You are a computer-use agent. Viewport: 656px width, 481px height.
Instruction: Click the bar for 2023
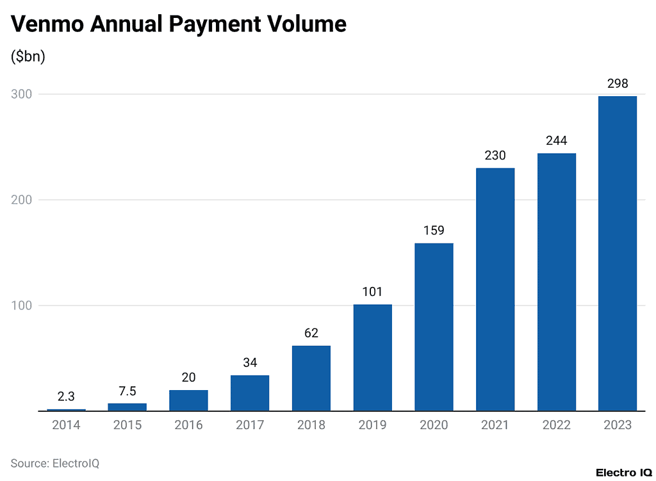click(x=618, y=253)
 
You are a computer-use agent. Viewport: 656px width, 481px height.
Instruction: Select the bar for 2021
click(x=495, y=289)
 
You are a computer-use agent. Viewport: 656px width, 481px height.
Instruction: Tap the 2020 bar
click(x=434, y=327)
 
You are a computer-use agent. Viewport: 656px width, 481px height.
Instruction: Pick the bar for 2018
click(x=311, y=378)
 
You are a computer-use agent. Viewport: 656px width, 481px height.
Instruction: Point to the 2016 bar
click(x=188, y=400)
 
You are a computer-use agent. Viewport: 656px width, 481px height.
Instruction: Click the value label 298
click(x=618, y=83)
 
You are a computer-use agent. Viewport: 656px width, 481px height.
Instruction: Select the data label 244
click(x=556, y=141)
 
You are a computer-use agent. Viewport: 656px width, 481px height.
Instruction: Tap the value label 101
click(x=372, y=292)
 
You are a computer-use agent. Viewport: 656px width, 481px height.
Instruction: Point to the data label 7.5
click(x=127, y=391)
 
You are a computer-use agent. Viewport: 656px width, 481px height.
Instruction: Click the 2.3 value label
click(x=66, y=397)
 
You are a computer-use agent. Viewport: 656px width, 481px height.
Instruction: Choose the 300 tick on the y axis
click(x=22, y=94)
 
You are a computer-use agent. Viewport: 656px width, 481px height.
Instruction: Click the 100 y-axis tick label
click(x=22, y=306)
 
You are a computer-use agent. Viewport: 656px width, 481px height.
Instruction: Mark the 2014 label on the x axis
click(x=66, y=425)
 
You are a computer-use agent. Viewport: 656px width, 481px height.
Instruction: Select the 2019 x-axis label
click(x=372, y=425)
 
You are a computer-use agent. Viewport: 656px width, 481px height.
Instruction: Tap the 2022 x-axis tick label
click(x=556, y=425)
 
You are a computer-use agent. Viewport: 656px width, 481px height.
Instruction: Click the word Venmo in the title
click(x=46, y=24)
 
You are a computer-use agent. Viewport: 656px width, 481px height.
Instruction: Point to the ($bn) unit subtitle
click(x=28, y=56)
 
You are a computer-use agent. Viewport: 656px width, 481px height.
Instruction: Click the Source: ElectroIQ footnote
click(x=55, y=462)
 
